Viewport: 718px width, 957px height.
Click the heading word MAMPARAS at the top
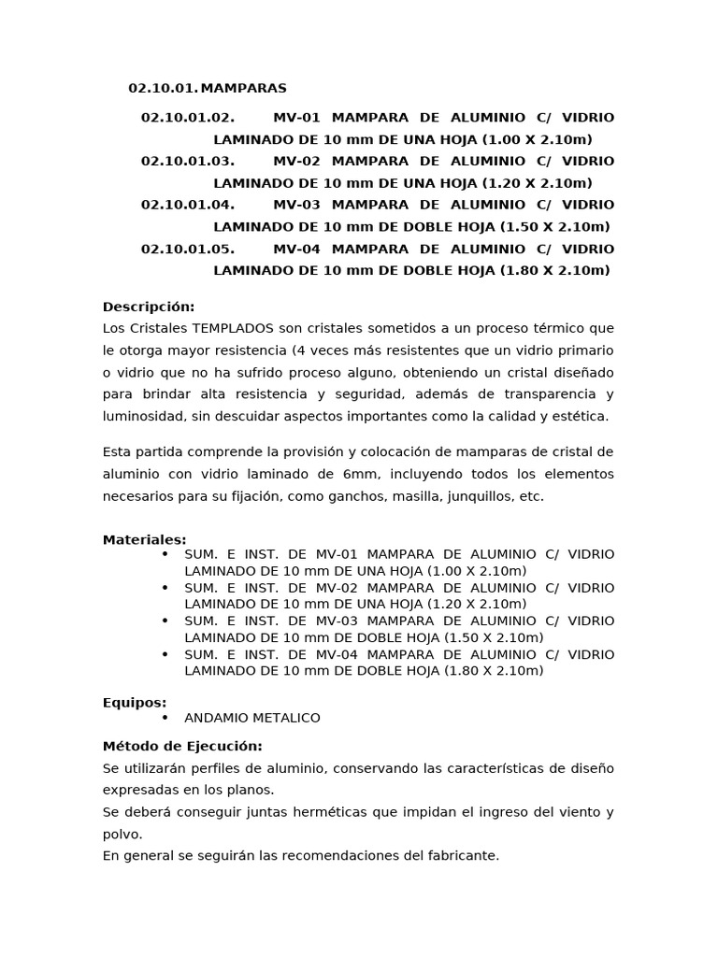(243, 89)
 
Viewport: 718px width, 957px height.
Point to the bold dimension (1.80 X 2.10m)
(555, 271)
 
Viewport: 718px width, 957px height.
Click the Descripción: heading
(149, 307)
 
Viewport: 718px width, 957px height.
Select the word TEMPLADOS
(233, 329)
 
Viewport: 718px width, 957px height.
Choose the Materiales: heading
(144, 540)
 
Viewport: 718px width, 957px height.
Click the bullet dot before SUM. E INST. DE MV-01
(165, 554)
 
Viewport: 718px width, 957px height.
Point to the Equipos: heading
(135, 703)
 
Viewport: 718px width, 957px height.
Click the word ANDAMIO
(216, 718)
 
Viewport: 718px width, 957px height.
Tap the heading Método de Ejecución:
(182, 746)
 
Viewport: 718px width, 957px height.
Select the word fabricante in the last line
(463, 855)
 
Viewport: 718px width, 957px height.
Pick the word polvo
(122, 834)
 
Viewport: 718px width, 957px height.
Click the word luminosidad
(143, 417)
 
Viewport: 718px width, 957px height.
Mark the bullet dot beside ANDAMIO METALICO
(165, 718)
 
